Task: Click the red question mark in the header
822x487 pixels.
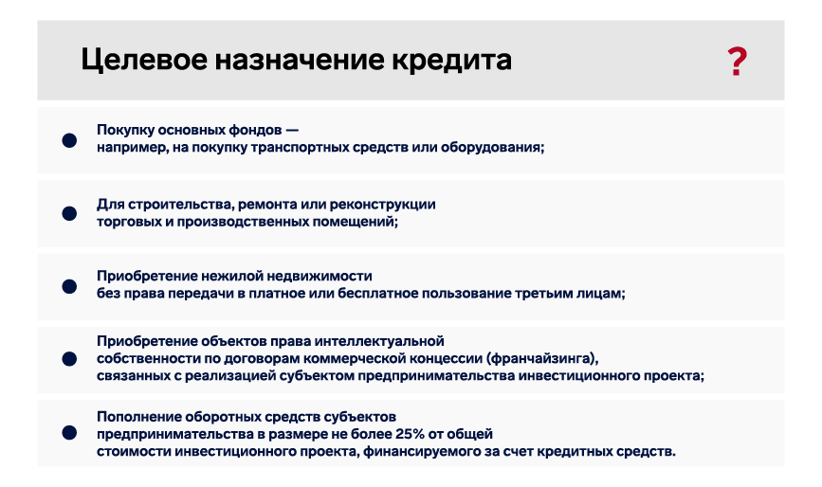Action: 737,62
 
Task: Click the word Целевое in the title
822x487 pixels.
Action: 144,61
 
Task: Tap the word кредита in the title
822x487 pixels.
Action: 452,61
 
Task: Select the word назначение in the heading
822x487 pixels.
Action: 300,61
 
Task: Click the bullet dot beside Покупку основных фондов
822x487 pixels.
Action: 69,140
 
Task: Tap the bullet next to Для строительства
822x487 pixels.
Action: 69,213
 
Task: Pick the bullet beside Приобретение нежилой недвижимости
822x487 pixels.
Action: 69,286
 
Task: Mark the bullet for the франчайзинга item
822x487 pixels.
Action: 69,359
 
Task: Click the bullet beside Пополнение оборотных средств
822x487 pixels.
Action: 69,433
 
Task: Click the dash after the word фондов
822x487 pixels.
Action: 293,130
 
